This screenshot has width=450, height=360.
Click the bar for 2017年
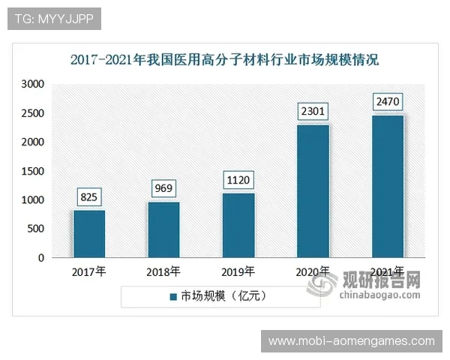coord(88,234)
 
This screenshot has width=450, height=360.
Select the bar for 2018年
coord(163,229)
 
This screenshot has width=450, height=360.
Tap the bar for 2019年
coord(238,225)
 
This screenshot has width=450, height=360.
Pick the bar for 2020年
coord(313,191)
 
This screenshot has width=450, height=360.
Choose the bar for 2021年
coord(388,186)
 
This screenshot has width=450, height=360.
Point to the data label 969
coord(163,188)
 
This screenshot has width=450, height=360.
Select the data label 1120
coord(238,180)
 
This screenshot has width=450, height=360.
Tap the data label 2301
coord(313,112)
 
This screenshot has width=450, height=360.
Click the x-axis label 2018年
coord(163,271)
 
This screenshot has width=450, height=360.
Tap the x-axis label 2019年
coord(238,271)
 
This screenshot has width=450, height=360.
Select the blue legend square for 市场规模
coord(172,296)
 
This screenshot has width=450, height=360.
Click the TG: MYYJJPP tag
coord(54,19)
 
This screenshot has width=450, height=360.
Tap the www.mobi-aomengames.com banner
coord(351,341)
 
